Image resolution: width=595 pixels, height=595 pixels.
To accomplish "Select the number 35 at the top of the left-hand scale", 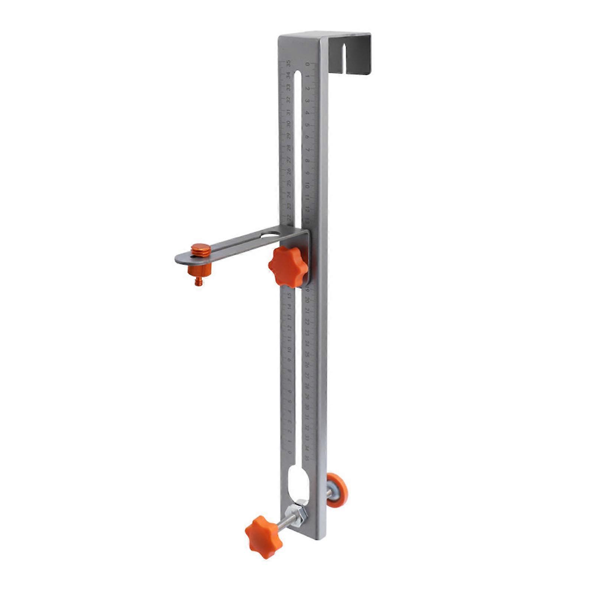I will [x=288, y=64].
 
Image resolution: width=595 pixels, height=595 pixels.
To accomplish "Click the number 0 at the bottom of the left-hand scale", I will [x=290, y=452].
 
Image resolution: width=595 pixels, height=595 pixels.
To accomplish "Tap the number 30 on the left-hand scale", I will [x=288, y=124].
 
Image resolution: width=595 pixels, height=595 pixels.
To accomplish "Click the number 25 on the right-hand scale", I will [x=307, y=355].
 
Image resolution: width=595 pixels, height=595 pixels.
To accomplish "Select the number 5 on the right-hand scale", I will [x=307, y=125].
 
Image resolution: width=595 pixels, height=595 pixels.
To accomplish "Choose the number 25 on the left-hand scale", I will [x=288, y=183].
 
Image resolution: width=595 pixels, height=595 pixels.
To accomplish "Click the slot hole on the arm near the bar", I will [x=271, y=235].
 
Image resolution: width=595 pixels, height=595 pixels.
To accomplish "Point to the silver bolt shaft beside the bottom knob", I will [x=286, y=521].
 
